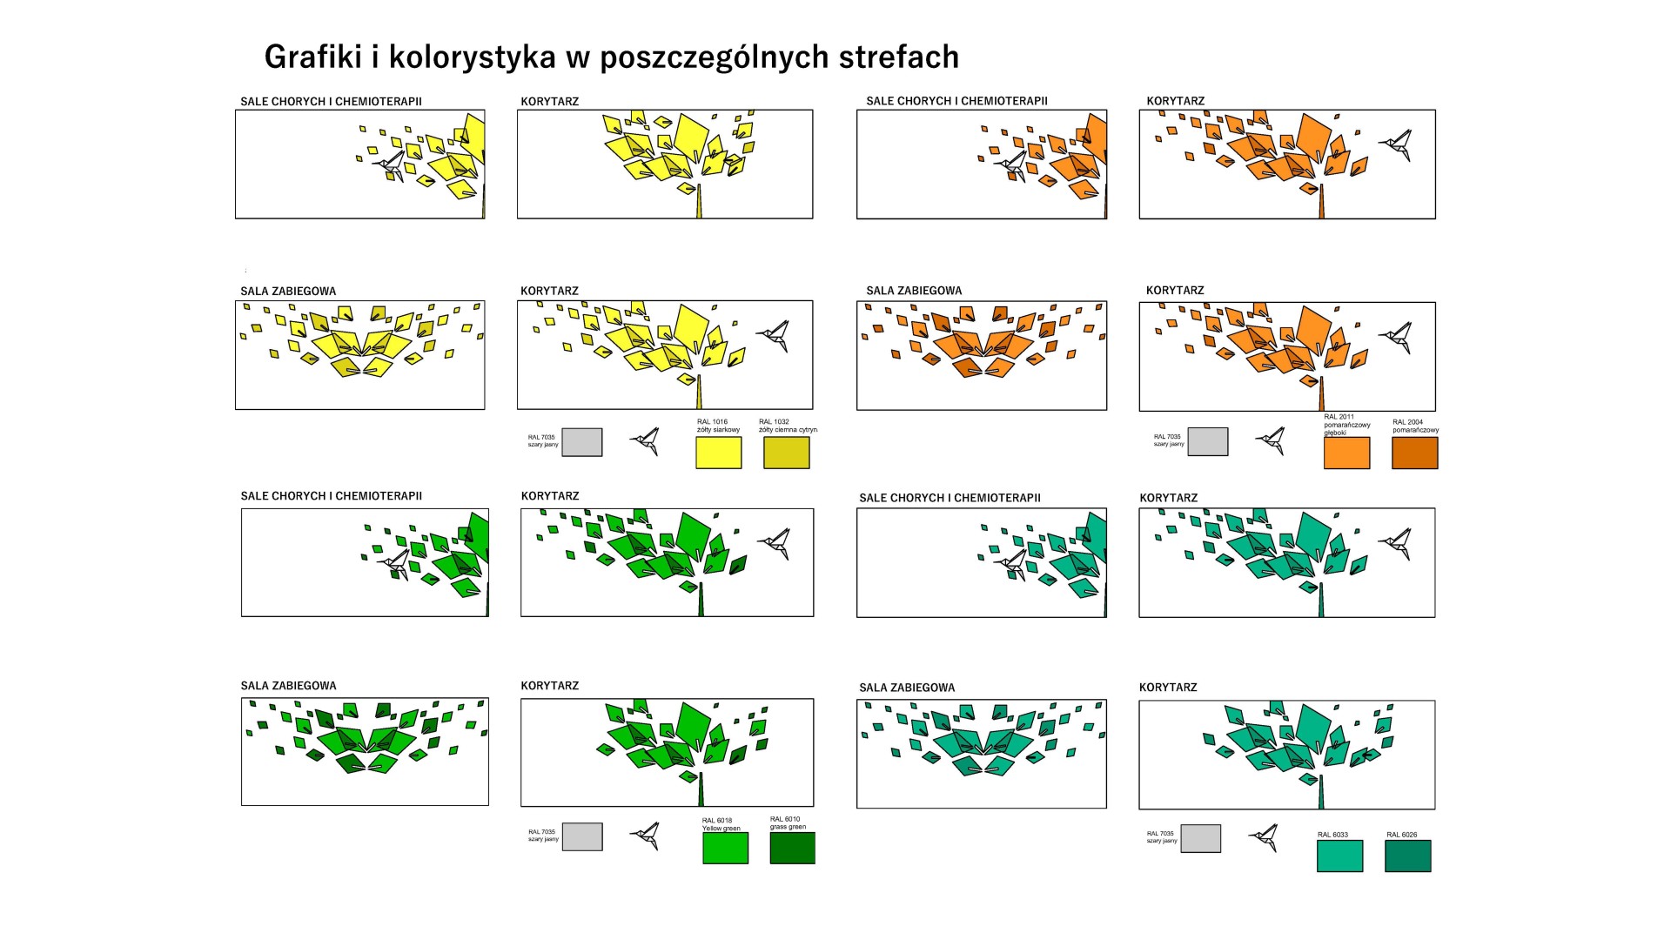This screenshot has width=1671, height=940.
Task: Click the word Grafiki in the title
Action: (x=312, y=57)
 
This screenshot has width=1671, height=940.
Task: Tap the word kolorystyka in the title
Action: (x=472, y=57)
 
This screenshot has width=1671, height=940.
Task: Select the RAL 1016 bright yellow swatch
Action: (x=718, y=453)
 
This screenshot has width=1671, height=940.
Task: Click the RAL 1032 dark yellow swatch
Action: (x=786, y=453)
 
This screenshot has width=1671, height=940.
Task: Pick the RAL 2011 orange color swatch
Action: (x=1346, y=453)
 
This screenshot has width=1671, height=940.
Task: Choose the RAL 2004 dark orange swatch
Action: (x=1414, y=453)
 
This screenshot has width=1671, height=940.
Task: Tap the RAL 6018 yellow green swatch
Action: (x=725, y=848)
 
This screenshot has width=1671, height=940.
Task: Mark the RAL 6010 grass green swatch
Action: (x=792, y=848)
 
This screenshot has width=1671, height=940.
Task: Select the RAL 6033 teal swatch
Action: (x=1339, y=856)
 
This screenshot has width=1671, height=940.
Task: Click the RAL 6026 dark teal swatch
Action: (x=1407, y=856)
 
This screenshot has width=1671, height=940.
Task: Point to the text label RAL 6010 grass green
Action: (x=788, y=822)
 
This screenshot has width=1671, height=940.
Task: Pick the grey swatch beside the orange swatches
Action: (x=1207, y=441)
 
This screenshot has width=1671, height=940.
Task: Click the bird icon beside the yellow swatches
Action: (x=646, y=441)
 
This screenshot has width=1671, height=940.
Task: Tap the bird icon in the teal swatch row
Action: (x=1264, y=837)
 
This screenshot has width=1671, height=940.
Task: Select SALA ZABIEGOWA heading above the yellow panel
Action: (x=288, y=292)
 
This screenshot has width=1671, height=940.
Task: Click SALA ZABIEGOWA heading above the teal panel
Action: (x=907, y=688)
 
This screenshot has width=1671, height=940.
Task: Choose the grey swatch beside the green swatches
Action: (x=582, y=836)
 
